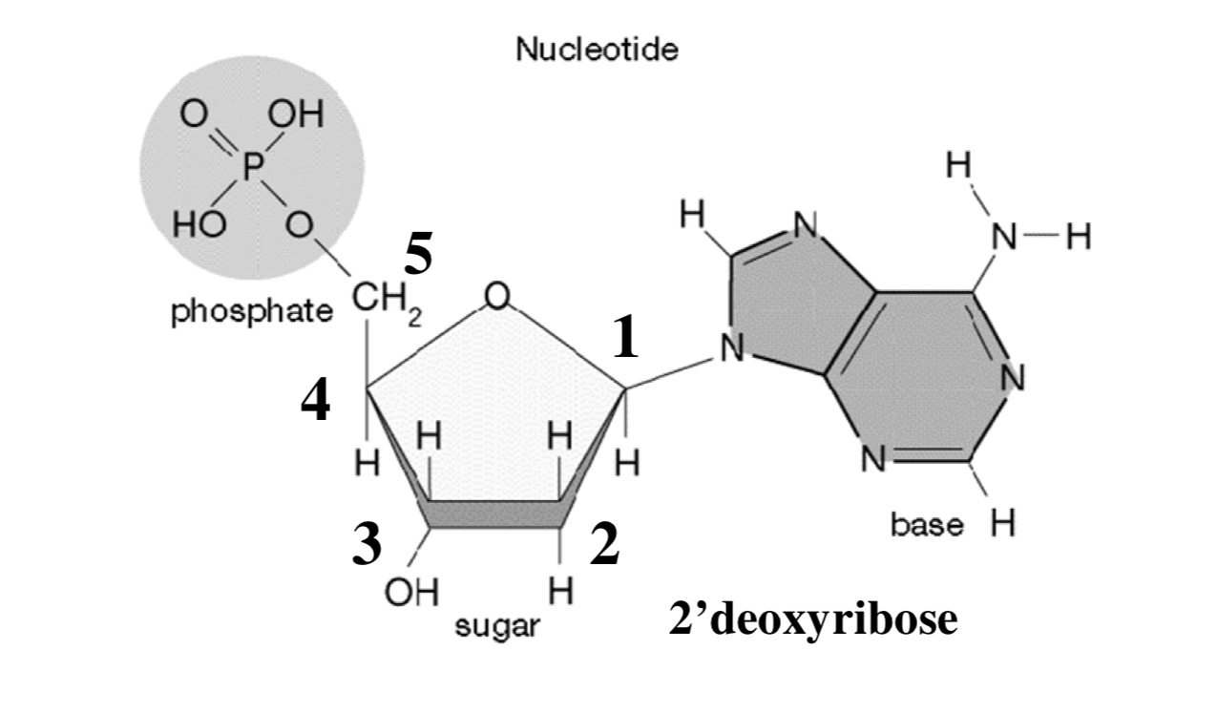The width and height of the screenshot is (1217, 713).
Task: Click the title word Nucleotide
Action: pos(598,51)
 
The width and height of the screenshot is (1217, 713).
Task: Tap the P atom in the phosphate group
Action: pos(251,170)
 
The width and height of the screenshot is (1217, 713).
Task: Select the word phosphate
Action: pos(251,313)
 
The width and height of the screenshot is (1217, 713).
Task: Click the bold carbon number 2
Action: pos(604,546)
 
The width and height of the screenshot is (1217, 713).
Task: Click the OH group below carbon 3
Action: pos(411,593)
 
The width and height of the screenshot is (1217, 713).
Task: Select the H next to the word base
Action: pos(1001,524)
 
